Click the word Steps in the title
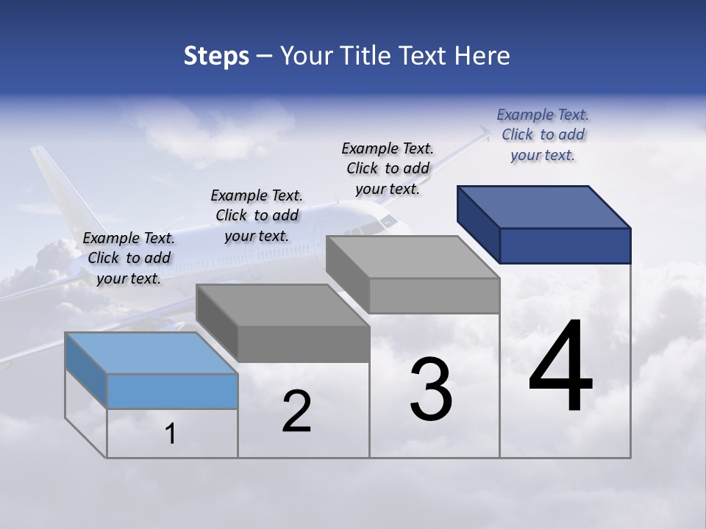[x=216, y=56]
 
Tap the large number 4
[x=561, y=367]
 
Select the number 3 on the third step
[x=431, y=389]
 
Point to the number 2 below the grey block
[x=296, y=412]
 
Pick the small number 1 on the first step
[x=171, y=434]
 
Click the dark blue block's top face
[x=544, y=206]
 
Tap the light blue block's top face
[x=151, y=353]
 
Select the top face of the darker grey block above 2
[x=282, y=305]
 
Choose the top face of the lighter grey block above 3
[x=413, y=257]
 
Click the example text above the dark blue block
[x=543, y=134]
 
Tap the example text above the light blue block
[x=129, y=258]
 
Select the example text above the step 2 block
[x=257, y=215]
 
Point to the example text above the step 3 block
[x=388, y=168]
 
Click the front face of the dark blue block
[x=565, y=245]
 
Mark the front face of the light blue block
[x=172, y=391]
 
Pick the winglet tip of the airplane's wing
[x=483, y=132]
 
